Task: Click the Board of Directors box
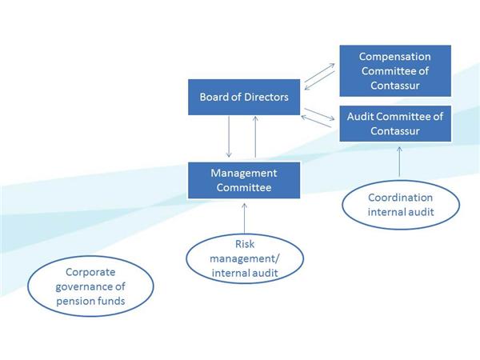pyautogui.click(x=244, y=97)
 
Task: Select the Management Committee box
pyautogui.click(x=244, y=180)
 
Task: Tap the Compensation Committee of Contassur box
pyautogui.click(x=395, y=70)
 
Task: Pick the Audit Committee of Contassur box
pyautogui.click(x=395, y=124)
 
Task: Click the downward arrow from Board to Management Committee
pyautogui.click(x=229, y=137)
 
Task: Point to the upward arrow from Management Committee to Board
pyautogui.click(x=255, y=137)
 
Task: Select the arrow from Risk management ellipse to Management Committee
pyautogui.click(x=244, y=218)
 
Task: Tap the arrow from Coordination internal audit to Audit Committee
pyautogui.click(x=399, y=162)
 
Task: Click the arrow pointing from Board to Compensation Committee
pyautogui.click(x=320, y=73)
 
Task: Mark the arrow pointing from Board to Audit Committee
pyautogui.click(x=319, y=114)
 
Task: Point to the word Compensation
pyautogui.click(x=395, y=56)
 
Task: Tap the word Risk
pyautogui.click(x=245, y=244)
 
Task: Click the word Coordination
pyautogui.click(x=401, y=198)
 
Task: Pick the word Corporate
pyautogui.click(x=90, y=272)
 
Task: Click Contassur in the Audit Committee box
pyautogui.click(x=395, y=131)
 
